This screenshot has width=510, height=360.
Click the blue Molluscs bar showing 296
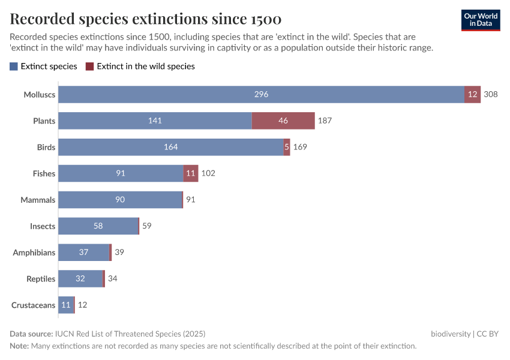[x=261, y=94]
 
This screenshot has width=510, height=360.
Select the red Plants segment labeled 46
[x=283, y=121]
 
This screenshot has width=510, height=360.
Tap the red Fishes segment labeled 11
[x=191, y=173]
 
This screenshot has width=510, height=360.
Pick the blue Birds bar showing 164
[x=171, y=147]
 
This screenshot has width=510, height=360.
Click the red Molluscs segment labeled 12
[x=473, y=94]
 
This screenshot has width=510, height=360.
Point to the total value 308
[x=491, y=94]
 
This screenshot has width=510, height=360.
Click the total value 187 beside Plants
[x=325, y=121]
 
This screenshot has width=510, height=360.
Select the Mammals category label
[x=38, y=200]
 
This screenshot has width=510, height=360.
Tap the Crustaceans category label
[x=33, y=305]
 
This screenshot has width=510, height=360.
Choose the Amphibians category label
[x=34, y=253]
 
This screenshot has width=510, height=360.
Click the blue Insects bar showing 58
[x=98, y=226]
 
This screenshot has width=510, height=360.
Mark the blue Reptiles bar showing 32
[x=80, y=279]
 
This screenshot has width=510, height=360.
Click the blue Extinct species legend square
[x=14, y=67]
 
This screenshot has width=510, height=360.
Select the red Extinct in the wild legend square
[x=90, y=67]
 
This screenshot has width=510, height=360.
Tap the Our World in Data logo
[x=481, y=19]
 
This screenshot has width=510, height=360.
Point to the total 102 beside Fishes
[x=208, y=173]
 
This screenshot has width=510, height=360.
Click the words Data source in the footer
[x=31, y=334]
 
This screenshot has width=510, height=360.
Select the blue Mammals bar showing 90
[x=120, y=200]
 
